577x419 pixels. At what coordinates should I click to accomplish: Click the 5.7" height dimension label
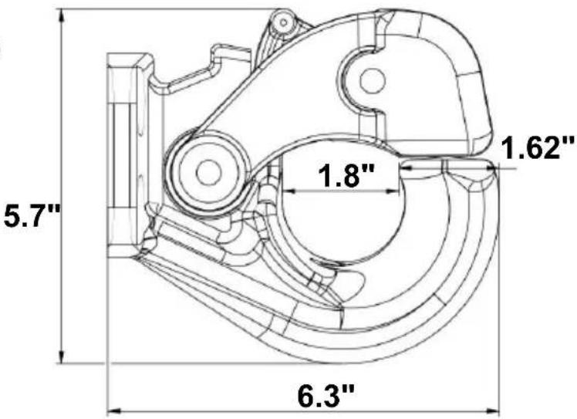(x=31, y=218)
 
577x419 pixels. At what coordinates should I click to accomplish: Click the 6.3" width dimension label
(x=326, y=396)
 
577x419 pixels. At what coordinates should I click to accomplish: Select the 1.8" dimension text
(x=346, y=175)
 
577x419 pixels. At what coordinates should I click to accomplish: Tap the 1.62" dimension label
(x=537, y=147)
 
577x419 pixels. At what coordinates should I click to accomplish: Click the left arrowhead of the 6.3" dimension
(x=113, y=410)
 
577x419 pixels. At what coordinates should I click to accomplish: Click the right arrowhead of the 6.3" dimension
(x=492, y=410)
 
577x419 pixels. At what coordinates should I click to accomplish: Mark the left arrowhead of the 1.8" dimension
(x=289, y=191)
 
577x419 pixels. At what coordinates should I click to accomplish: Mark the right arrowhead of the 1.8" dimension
(x=392, y=191)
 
